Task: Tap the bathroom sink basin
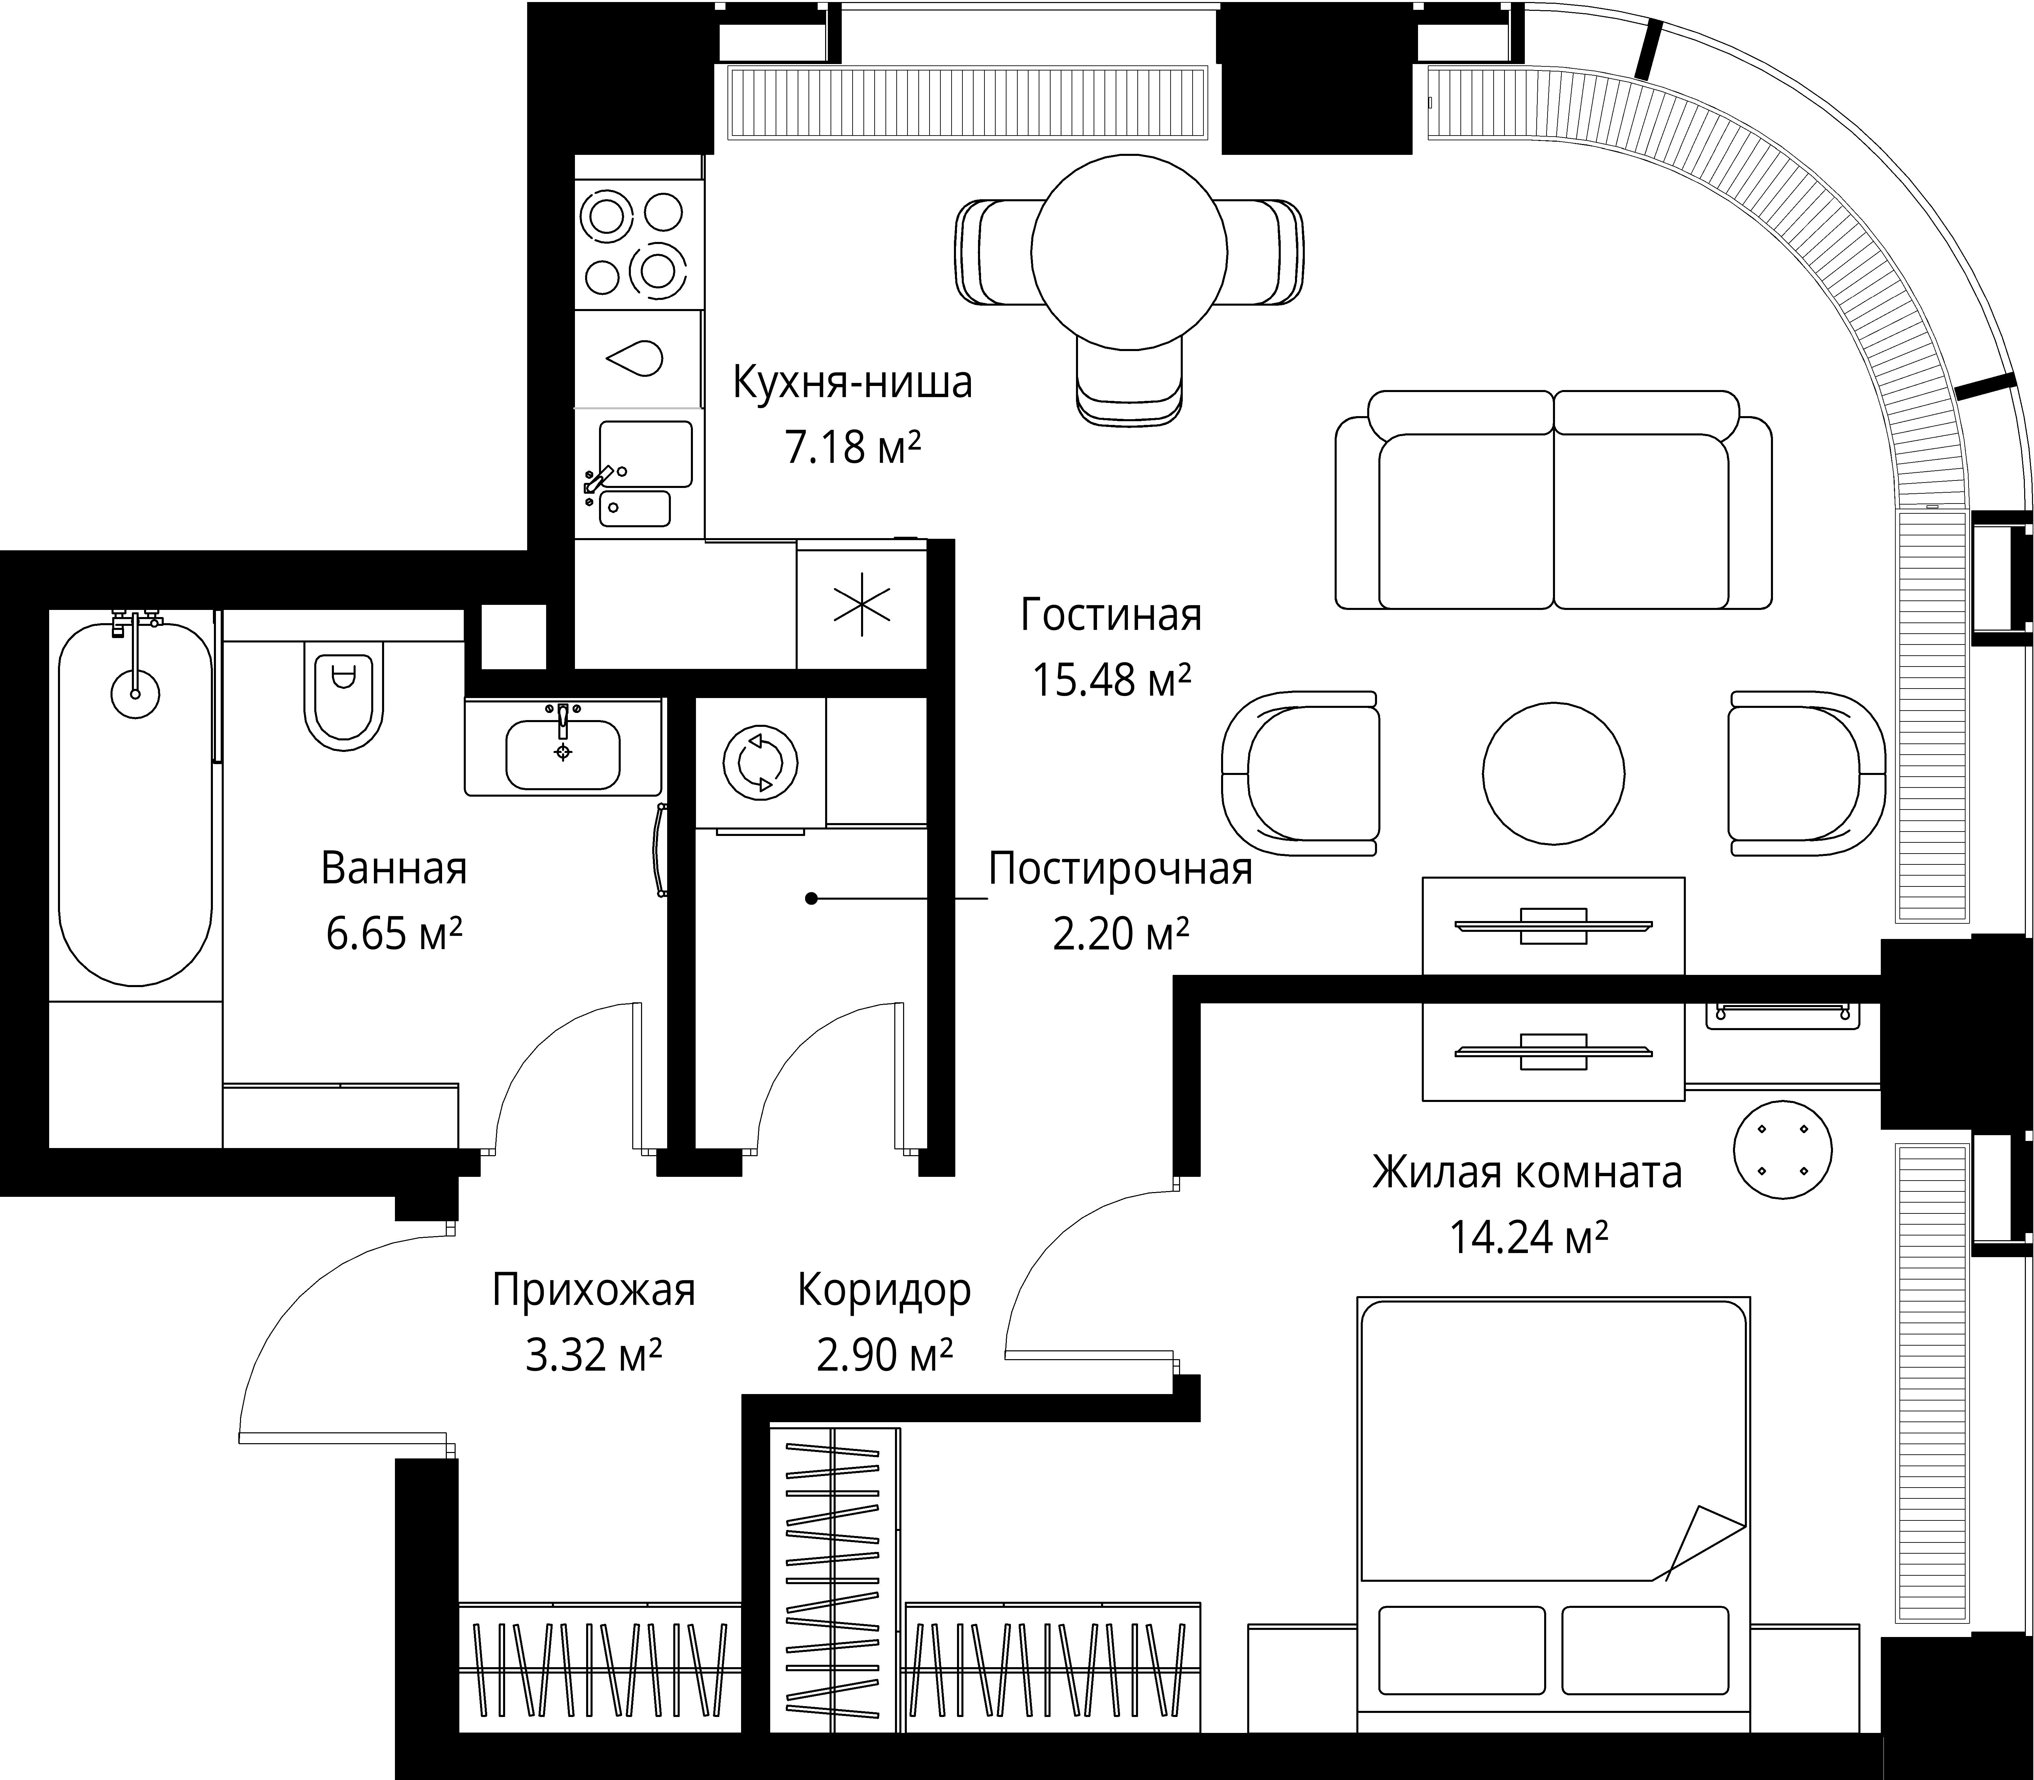coord(562,754)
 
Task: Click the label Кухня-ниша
coord(853,384)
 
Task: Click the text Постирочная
coord(1120,869)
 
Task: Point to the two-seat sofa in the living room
coord(1553,499)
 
